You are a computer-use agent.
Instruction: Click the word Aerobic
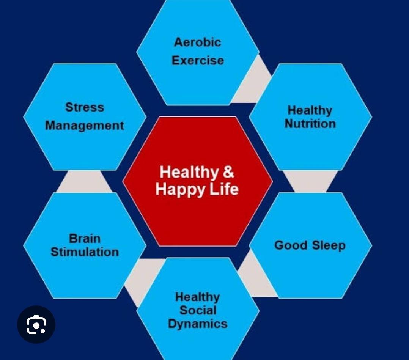tap(197, 42)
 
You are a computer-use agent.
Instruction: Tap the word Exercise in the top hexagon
tap(198, 61)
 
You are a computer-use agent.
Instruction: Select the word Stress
tap(85, 107)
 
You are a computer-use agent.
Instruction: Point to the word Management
tap(85, 126)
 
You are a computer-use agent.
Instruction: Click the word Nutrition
tap(310, 124)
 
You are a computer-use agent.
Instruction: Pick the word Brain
tap(85, 239)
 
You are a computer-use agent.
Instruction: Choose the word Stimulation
tap(85, 252)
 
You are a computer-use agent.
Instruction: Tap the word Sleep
tap(329, 246)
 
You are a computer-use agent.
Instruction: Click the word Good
tap(291, 245)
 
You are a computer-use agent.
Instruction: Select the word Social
tap(198, 310)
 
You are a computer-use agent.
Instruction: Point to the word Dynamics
tap(198, 324)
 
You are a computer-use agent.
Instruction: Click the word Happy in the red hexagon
tap(180, 190)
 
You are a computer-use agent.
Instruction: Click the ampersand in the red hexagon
tap(228, 172)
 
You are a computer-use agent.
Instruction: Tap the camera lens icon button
tap(36, 324)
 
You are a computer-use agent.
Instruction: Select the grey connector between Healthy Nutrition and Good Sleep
tap(310, 181)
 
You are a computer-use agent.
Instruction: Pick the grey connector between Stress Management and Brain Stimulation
tap(85, 182)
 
